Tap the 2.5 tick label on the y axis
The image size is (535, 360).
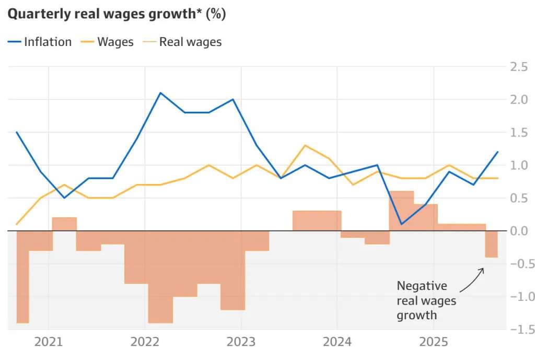pos(518,66)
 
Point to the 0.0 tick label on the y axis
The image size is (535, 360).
pos(518,230)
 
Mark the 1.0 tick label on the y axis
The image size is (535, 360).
pos(518,165)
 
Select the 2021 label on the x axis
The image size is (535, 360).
pos(48,342)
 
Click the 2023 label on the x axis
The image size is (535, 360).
pos(241,342)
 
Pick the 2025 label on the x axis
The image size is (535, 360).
pos(433,342)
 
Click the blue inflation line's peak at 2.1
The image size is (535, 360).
pos(160,93)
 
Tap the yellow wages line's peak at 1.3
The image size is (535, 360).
pos(305,145)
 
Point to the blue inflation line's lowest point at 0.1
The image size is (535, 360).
pos(401,224)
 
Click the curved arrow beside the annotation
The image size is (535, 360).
pos(471,280)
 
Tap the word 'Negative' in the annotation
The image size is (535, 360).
pos(422,286)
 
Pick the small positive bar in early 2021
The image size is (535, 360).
pos(64,224)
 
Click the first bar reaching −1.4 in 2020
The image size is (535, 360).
pos(22,277)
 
